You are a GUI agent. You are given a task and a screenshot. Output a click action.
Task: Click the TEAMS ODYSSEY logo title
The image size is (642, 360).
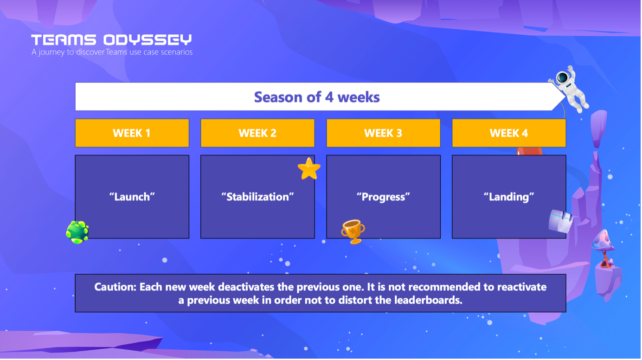[x=111, y=40]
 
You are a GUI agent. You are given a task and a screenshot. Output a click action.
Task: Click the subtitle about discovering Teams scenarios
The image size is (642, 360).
[x=112, y=52]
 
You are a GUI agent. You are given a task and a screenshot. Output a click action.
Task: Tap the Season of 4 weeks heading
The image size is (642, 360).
[x=317, y=97]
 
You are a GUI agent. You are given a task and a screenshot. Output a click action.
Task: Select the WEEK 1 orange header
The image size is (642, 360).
[x=132, y=133]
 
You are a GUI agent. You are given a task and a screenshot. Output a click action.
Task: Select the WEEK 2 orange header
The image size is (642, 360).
[x=257, y=133]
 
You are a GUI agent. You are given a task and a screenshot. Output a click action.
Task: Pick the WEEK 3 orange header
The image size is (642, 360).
[x=383, y=133]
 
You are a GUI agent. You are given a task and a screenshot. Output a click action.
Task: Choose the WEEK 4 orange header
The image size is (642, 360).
[x=509, y=133]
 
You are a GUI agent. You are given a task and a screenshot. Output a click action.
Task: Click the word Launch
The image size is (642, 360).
[x=132, y=197]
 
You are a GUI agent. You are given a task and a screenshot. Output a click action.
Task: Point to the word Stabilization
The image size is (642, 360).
[x=257, y=197]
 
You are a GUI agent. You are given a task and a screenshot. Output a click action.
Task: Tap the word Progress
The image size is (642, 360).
[x=383, y=197]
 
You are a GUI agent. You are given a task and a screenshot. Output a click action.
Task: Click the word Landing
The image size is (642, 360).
[x=509, y=197]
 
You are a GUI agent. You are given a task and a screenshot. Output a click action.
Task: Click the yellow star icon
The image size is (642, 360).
[x=309, y=168]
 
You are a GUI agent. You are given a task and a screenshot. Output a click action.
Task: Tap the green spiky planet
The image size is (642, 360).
[x=77, y=232]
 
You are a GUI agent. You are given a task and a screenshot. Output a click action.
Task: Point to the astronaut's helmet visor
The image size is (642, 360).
[x=563, y=77]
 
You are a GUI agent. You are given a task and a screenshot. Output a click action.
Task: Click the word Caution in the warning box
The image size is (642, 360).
[x=116, y=287]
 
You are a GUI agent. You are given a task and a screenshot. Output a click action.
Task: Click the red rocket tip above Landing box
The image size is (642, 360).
[x=529, y=151]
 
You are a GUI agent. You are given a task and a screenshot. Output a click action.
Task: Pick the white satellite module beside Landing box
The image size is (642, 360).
[x=561, y=221]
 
